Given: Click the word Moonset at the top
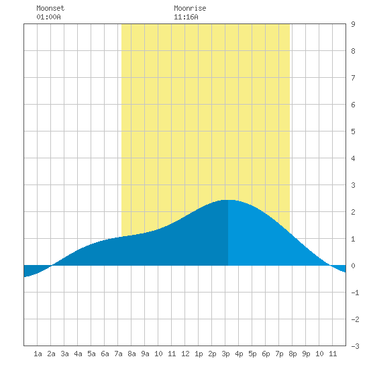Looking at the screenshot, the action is (50, 8).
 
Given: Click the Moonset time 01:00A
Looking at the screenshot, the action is (48, 17).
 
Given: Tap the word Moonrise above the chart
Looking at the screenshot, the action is (190, 8).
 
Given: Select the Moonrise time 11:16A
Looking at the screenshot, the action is (186, 17).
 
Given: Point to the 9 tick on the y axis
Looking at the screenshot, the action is (353, 24).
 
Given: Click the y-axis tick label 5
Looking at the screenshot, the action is (353, 131).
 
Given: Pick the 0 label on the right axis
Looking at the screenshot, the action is (353, 266).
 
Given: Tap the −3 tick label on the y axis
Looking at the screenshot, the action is (355, 346).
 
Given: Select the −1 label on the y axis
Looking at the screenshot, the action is (355, 293).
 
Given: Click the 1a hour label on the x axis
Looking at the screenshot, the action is (38, 354).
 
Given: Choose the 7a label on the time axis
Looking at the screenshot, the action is (118, 354).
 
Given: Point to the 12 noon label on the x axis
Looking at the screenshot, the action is (185, 354).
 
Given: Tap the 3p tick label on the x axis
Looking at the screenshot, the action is (225, 354).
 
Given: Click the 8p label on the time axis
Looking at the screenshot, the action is (293, 354).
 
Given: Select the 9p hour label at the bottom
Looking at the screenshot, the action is (306, 354).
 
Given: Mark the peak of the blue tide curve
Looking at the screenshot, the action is (228, 200).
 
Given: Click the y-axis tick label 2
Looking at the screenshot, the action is (353, 212).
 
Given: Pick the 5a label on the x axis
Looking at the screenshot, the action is (91, 354).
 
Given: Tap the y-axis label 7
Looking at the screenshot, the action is (353, 78).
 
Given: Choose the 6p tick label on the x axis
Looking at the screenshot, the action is (266, 354).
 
